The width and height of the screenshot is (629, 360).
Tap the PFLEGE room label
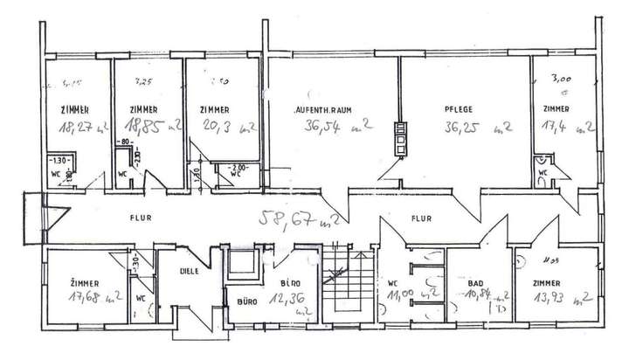click(x=456, y=110)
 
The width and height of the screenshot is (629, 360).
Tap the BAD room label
click(x=475, y=285)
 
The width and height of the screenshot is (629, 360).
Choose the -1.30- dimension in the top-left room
click(x=59, y=162)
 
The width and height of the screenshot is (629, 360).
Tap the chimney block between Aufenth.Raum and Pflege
click(x=401, y=135)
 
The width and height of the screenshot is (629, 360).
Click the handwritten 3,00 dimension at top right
click(x=556, y=77)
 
